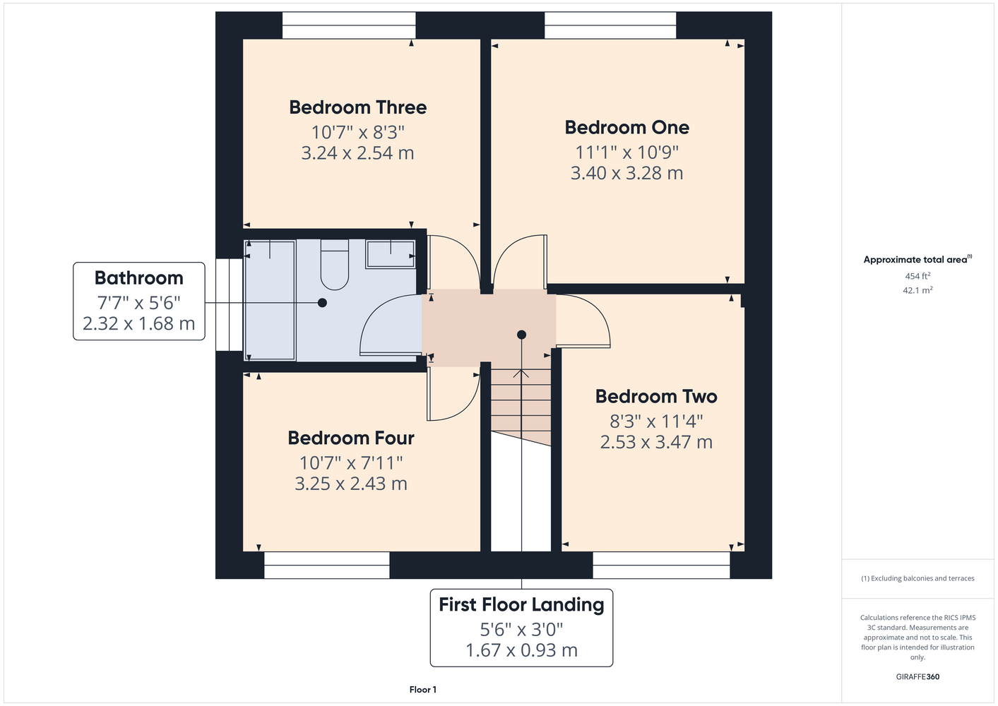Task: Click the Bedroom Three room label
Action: (x=357, y=107)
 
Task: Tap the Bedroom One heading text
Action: (x=626, y=128)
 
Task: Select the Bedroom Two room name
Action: (x=656, y=397)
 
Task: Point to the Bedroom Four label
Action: (x=351, y=438)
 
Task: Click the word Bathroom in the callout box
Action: (x=139, y=278)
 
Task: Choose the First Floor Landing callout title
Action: (x=521, y=605)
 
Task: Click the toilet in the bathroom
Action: (x=335, y=265)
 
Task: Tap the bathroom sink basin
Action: (x=391, y=254)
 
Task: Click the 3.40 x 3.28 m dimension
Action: (x=626, y=173)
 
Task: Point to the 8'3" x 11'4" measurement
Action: (x=656, y=421)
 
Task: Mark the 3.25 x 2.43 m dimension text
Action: (x=351, y=484)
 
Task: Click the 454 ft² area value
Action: (x=917, y=276)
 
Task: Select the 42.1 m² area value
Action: (x=917, y=290)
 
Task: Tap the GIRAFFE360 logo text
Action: (x=917, y=676)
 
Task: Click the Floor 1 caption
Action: (x=422, y=690)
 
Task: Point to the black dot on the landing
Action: (x=521, y=335)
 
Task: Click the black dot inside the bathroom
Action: (x=322, y=303)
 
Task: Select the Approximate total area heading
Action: (x=917, y=260)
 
